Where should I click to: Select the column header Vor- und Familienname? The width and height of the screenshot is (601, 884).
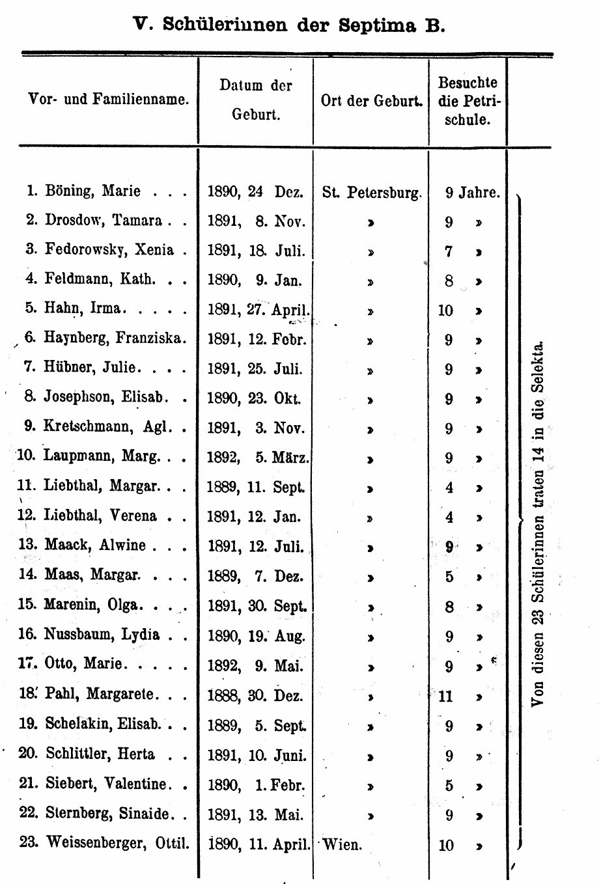point(109,100)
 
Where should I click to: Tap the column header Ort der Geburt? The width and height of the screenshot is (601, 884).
point(371,101)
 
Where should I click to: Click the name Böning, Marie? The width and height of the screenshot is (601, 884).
point(92,191)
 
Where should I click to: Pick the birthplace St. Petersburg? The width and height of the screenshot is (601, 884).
point(372,193)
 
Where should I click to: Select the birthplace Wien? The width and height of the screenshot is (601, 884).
point(342,846)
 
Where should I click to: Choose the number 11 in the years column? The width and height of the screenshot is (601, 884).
point(445,697)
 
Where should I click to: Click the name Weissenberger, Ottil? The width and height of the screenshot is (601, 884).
point(117,844)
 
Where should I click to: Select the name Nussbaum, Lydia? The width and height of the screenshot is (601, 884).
point(102,635)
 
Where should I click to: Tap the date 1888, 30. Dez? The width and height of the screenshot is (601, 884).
point(255,696)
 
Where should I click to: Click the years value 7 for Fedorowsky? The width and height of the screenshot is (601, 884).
point(449,251)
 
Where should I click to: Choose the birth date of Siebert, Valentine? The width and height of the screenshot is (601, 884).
point(256,785)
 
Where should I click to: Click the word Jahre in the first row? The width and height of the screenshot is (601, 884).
point(479,193)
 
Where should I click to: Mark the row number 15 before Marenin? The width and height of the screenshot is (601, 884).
point(26,605)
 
